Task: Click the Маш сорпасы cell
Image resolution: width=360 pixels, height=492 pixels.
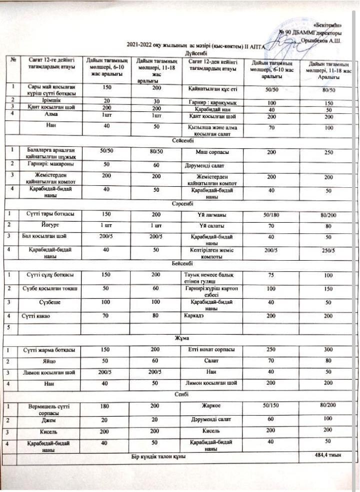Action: click(x=209, y=152)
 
